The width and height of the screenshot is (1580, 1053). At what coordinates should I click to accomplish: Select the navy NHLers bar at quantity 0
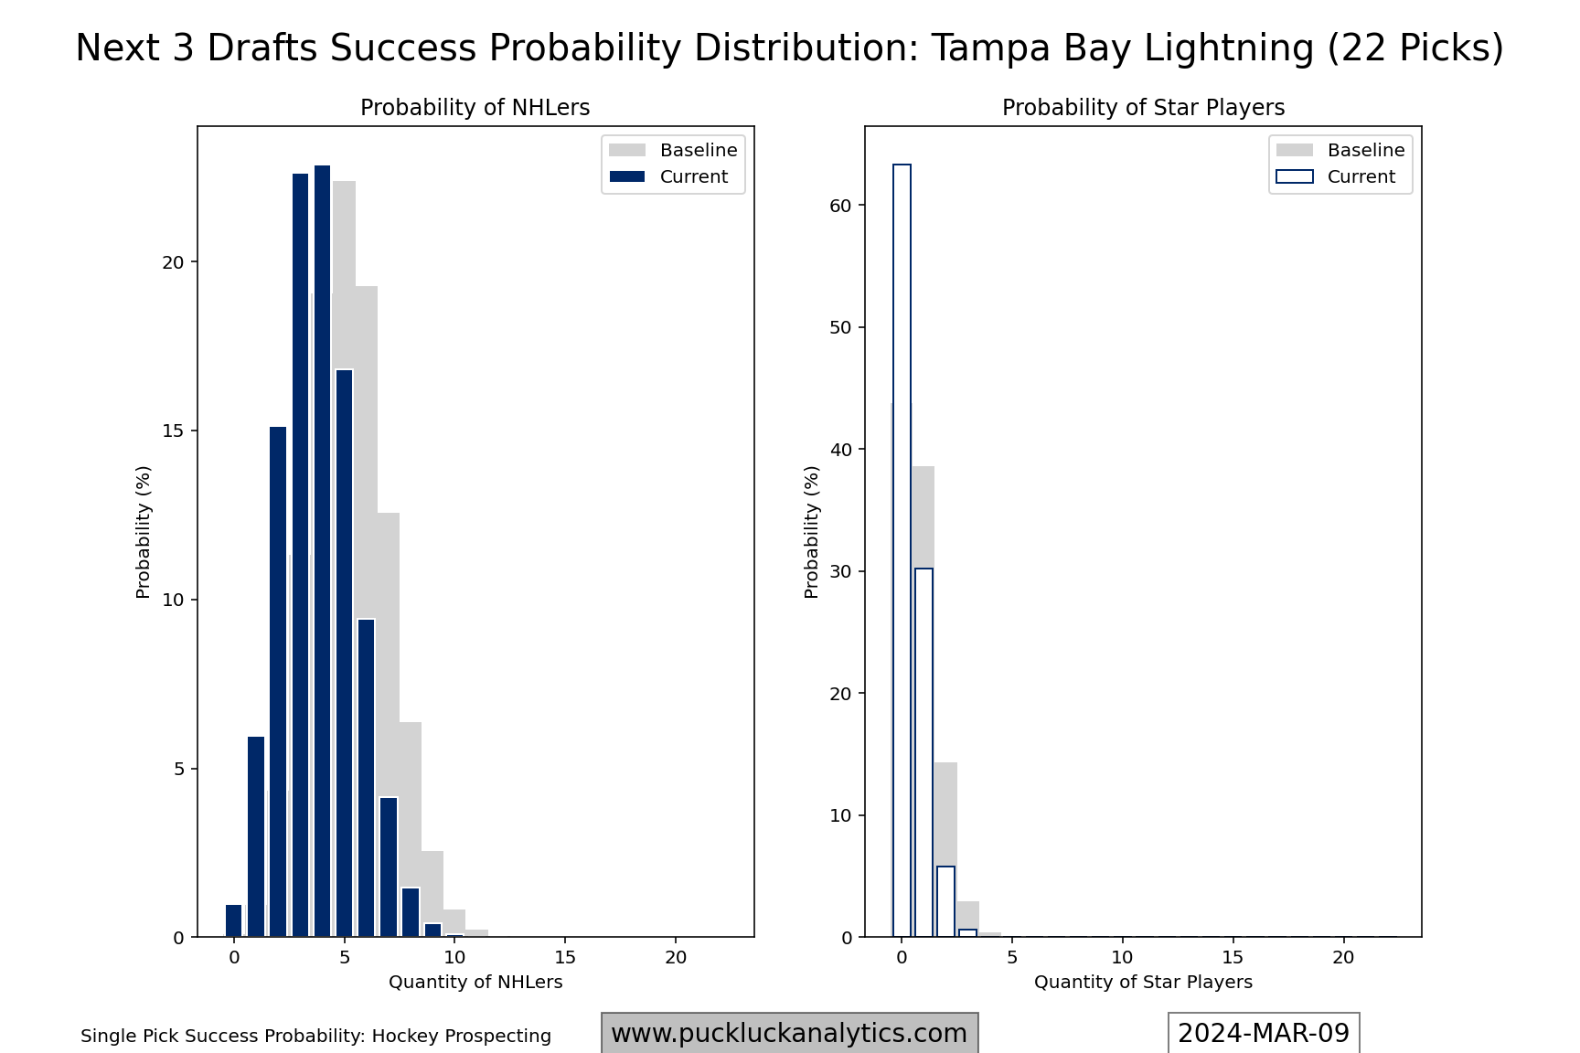coord(234,920)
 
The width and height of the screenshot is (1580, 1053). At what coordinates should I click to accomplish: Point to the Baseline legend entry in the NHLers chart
coord(673,150)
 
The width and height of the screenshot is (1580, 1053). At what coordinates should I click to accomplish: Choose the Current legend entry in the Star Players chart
coord(1340,176)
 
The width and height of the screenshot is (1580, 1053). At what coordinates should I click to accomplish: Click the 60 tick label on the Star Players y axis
coord(841,206)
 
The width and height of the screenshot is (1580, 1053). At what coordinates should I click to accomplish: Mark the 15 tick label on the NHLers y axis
coord(173,431)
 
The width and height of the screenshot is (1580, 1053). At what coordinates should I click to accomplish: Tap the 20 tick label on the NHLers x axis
coord(675,957)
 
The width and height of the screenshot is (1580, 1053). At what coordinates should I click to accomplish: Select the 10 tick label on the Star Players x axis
coord(1122,957)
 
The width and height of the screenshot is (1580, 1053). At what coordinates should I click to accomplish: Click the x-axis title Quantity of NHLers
coord(475,983)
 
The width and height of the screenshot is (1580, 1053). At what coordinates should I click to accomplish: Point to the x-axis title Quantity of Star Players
coord(1143,983)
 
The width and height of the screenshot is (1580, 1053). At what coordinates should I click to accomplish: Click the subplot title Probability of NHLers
coord(475,108)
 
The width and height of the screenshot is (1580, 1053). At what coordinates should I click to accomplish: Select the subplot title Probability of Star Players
coord(1143,108)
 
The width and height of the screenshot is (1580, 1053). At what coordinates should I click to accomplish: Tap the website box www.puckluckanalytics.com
coord(789,1034)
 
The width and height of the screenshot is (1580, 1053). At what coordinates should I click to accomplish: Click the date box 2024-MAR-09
coord(1264,1034)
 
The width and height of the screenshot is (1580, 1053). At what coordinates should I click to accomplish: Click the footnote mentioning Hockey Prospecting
coord(315,1037)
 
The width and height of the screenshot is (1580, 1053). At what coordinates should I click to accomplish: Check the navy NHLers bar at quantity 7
coord(389,867)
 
